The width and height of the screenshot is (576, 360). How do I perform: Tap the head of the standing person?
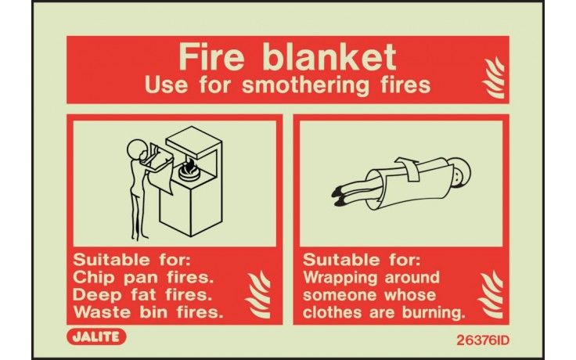point(135,147)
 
